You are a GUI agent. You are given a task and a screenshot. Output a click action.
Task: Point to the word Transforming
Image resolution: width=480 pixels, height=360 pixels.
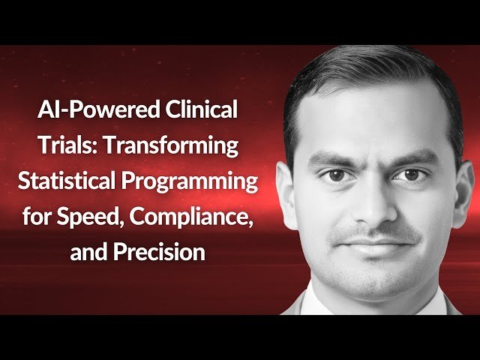(170, 146)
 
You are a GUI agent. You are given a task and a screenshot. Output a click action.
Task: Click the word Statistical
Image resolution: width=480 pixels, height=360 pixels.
(84, 182)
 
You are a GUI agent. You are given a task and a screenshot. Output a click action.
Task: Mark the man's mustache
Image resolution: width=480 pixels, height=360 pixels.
(375, 231)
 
